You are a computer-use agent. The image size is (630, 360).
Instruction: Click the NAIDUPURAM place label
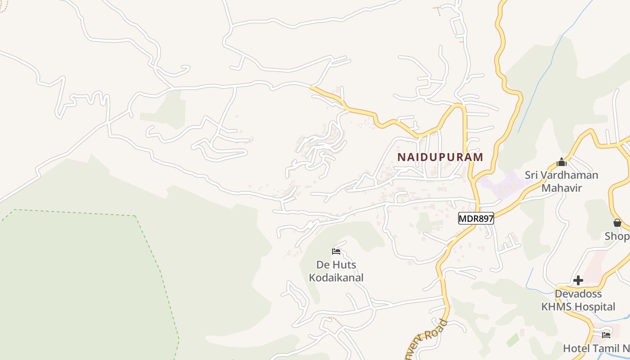click(440, 157)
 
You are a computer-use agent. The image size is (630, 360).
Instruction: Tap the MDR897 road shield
click(476, 219)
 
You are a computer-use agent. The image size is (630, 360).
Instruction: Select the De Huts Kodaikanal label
click(336, 271)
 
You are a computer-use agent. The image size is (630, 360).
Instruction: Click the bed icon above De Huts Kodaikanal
click(336, 252)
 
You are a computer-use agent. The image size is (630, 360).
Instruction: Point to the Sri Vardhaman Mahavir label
click(562, 181)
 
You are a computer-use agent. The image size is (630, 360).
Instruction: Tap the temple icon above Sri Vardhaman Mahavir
click(562, 162)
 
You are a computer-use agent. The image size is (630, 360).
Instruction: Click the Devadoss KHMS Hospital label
click(578, 300)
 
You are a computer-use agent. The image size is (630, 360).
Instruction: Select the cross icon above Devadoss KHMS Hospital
click(578, 281)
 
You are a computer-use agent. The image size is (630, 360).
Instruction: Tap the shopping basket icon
click(617, 223)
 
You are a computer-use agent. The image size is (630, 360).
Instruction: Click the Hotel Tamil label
click(596, 348)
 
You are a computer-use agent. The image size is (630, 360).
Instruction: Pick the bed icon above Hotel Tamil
click(606, 335)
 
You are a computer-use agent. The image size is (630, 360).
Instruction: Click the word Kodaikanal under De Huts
click(336, 278)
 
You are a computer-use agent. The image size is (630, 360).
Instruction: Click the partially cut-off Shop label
click(617, 236)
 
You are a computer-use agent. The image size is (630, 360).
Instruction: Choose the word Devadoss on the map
click(578, 294)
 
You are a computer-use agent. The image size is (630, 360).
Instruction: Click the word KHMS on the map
click(554, 307)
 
